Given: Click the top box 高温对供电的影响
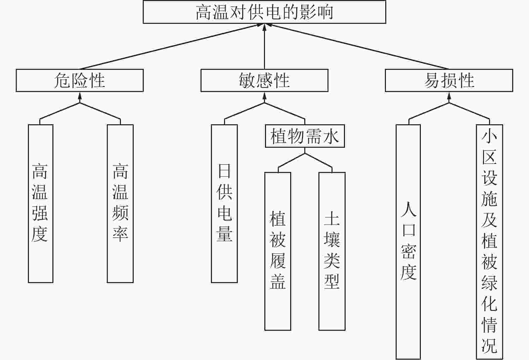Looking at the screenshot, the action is [265, 12].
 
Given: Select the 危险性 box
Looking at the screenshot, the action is [80, 80].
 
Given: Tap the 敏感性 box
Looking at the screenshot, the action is [265, 80].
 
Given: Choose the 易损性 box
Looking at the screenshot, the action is [449, 80].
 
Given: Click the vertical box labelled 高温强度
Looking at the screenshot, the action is [40, 204].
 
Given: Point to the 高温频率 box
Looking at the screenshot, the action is [120, 204].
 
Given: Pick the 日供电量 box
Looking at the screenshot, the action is [224, 204].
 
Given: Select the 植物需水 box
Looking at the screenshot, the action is [305, 136].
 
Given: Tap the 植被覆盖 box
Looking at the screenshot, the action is [278, 251].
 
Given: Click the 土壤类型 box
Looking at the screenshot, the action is [332, 251].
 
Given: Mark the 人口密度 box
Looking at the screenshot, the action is [408, 242].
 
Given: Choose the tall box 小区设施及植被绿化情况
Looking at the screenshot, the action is [489, 242].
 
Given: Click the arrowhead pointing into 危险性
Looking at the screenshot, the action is [80, 96].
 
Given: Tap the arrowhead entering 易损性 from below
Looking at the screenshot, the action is [449, 96].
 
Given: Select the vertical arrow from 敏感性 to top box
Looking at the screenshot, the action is [265, 46].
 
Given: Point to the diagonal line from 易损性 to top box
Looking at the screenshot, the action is [357, 46].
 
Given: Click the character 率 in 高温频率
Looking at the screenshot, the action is [120, 234].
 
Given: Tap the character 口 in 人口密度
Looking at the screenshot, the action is [409, 230].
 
